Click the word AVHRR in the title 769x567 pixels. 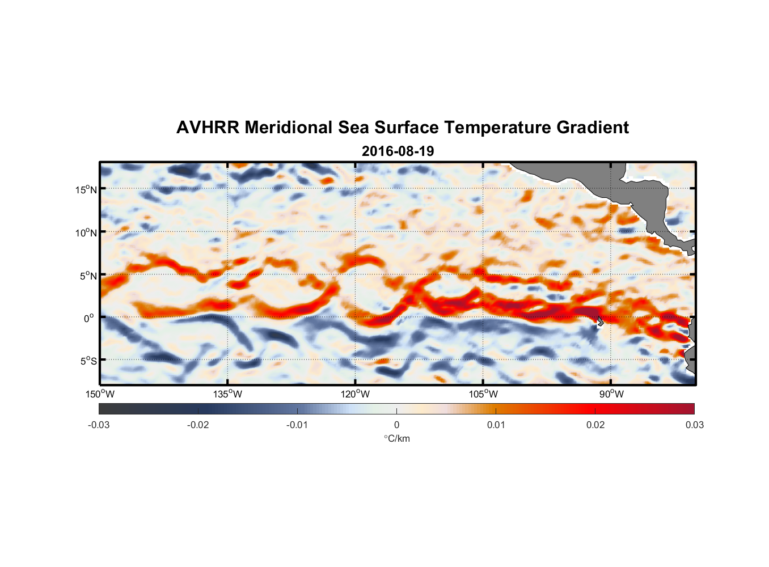point(208,128)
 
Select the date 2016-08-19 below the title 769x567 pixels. point(398,151)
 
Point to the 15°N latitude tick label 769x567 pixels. point(86,189)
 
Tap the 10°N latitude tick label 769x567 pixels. point(86,232)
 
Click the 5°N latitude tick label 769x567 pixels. point(88,276)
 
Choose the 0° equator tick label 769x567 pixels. point(89,318)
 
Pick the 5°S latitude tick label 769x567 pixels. point(88,361)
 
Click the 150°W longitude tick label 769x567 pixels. point(100,394)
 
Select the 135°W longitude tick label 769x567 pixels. point(227,394)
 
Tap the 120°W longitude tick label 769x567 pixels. point(355,394)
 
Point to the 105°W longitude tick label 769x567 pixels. point(483,394)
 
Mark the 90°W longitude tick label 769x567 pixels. point(611,394)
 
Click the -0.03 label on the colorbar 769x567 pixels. point(99,425)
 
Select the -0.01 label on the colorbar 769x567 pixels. point(297,425)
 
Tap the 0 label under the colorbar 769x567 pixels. point(396,425)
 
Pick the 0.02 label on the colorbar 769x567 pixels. point(595,425)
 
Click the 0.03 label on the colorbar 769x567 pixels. point(694,425)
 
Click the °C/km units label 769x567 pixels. point(397,438)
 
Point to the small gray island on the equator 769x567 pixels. point(600,321)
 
